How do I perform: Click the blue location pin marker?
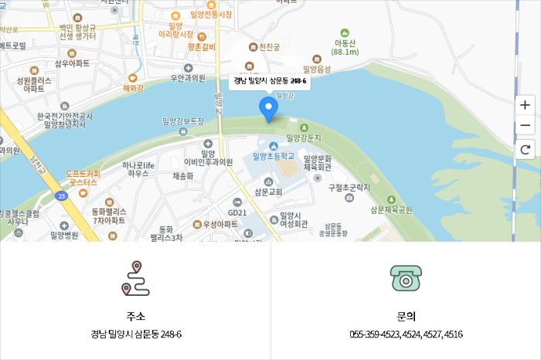269,110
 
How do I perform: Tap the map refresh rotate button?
526,150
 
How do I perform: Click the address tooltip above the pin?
270,80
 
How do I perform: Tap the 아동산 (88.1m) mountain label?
345,47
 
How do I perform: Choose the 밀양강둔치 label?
304,138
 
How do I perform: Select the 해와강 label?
133,87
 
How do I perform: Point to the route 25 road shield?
62,196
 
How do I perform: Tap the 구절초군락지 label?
349,187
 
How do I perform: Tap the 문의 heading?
406,316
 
